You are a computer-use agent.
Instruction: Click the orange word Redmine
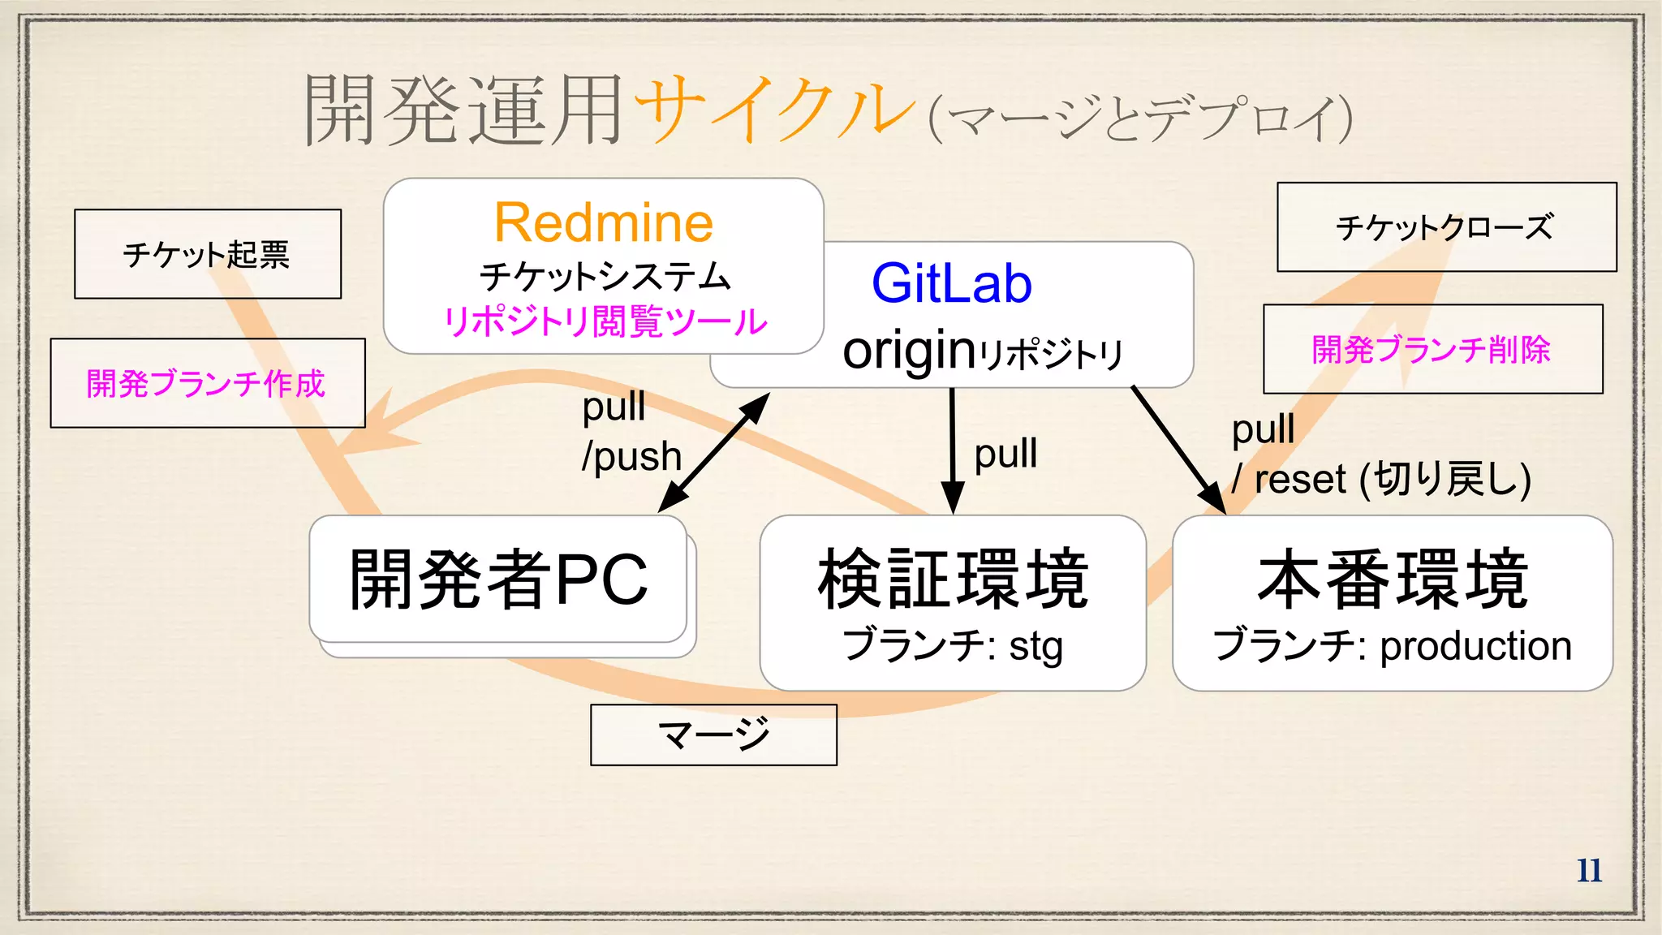[604, 222]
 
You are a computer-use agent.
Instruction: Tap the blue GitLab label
[951, 283]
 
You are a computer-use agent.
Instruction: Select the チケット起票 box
[207, 254]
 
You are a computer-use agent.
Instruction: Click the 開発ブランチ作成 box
[207, 383]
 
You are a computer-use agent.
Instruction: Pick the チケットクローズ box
[1446, 227]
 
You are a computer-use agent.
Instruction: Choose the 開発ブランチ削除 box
[1432, 350]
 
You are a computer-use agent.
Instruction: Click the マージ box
[713, 735]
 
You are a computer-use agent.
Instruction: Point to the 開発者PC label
[498, 580]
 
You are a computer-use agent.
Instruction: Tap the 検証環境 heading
[953, 579]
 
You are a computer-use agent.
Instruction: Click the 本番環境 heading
[1393, 579]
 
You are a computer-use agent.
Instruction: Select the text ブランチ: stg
[953, 646]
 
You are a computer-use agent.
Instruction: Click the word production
[1475, 646]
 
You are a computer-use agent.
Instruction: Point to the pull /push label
[631, 432]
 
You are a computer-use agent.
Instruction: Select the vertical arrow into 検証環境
[953, 450]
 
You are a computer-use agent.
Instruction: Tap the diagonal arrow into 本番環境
[1178, 450]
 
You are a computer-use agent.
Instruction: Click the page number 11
[1589, 870]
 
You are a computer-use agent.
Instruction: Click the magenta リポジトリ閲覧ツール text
[605, 321]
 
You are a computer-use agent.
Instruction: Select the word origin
[909, 351]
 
